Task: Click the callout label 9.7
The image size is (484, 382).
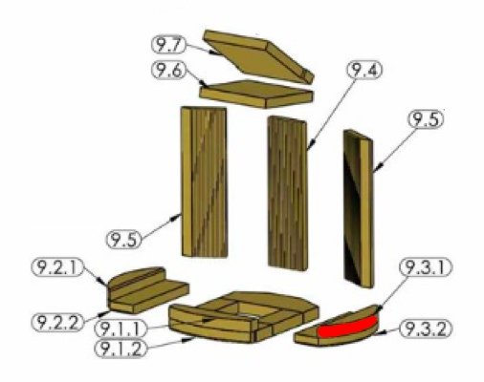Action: pos(168,45)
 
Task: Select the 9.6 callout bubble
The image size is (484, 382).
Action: pos(168,71)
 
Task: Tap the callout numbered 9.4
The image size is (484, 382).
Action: pos(364,70)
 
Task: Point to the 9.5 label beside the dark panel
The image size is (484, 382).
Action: pos(426,119)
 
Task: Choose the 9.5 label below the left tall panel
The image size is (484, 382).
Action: pos(123,239)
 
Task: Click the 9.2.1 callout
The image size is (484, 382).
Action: pos(57,267)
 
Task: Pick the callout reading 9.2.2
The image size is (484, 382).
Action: pos(57,323)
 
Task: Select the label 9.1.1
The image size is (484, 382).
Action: pos(121,329)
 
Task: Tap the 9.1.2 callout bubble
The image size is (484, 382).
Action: pos(121,349)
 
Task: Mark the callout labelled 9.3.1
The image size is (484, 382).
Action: pos(426,268)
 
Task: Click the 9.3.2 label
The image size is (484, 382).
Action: pos(426,329)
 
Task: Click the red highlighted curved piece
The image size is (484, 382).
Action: pos(347,328)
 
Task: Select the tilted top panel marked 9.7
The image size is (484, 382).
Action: pos(258,56)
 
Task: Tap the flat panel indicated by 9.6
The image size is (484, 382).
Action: pos(256,94)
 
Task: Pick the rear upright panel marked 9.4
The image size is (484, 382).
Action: pos(288,193)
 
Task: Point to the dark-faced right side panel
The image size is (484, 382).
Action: pos(359,208)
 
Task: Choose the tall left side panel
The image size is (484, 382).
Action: pos(204,181)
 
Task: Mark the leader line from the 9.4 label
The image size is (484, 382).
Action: pos(332,114)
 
